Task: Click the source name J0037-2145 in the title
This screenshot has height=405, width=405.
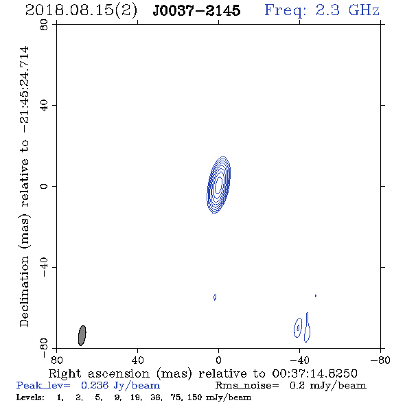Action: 196,10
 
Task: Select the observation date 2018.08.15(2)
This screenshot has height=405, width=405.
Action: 81,11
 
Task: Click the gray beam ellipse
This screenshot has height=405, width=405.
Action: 82,336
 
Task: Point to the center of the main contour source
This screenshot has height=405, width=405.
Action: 218,185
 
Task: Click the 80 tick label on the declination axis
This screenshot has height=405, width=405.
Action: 44,25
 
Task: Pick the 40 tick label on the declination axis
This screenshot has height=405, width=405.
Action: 44,106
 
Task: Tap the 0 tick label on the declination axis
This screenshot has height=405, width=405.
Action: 44,186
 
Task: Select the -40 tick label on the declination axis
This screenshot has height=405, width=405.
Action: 44,267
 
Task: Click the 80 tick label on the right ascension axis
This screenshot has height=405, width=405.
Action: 56,360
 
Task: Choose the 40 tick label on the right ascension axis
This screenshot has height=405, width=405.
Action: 137,360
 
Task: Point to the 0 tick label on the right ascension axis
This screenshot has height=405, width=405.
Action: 218,360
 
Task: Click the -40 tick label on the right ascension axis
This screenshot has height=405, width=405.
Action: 299,360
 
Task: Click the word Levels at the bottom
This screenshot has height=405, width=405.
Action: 30,397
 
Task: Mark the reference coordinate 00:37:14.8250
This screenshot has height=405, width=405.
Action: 314,373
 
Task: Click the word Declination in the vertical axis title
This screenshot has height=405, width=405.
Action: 24,292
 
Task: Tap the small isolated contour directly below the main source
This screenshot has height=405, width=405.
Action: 215,297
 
